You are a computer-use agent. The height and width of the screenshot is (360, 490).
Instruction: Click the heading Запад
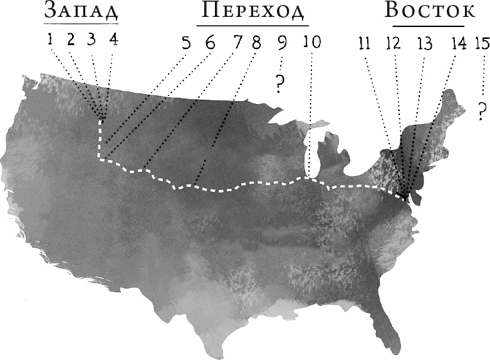click(81, 13)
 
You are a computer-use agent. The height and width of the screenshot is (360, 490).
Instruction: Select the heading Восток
click(429, 13)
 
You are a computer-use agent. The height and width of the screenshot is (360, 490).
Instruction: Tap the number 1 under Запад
click(50, 40)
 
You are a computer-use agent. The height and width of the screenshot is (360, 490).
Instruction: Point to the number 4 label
click(113, 40)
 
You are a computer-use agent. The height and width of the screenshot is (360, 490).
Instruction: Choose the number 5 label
click(186, 43)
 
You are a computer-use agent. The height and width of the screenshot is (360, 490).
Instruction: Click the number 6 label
click(209, 43)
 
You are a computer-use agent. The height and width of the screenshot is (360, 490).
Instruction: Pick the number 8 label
click(256, 43)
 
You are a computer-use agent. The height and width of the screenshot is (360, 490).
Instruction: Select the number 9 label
click(283, 43)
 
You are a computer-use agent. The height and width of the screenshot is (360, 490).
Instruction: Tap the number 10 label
click(311, 43)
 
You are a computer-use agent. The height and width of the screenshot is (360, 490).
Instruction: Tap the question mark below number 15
click(481, 111)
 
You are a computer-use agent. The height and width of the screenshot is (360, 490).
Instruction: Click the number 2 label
click(71, 40)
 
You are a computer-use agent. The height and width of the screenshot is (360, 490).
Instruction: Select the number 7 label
click(237, 43)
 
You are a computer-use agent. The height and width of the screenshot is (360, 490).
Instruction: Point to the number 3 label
click(92, 40)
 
